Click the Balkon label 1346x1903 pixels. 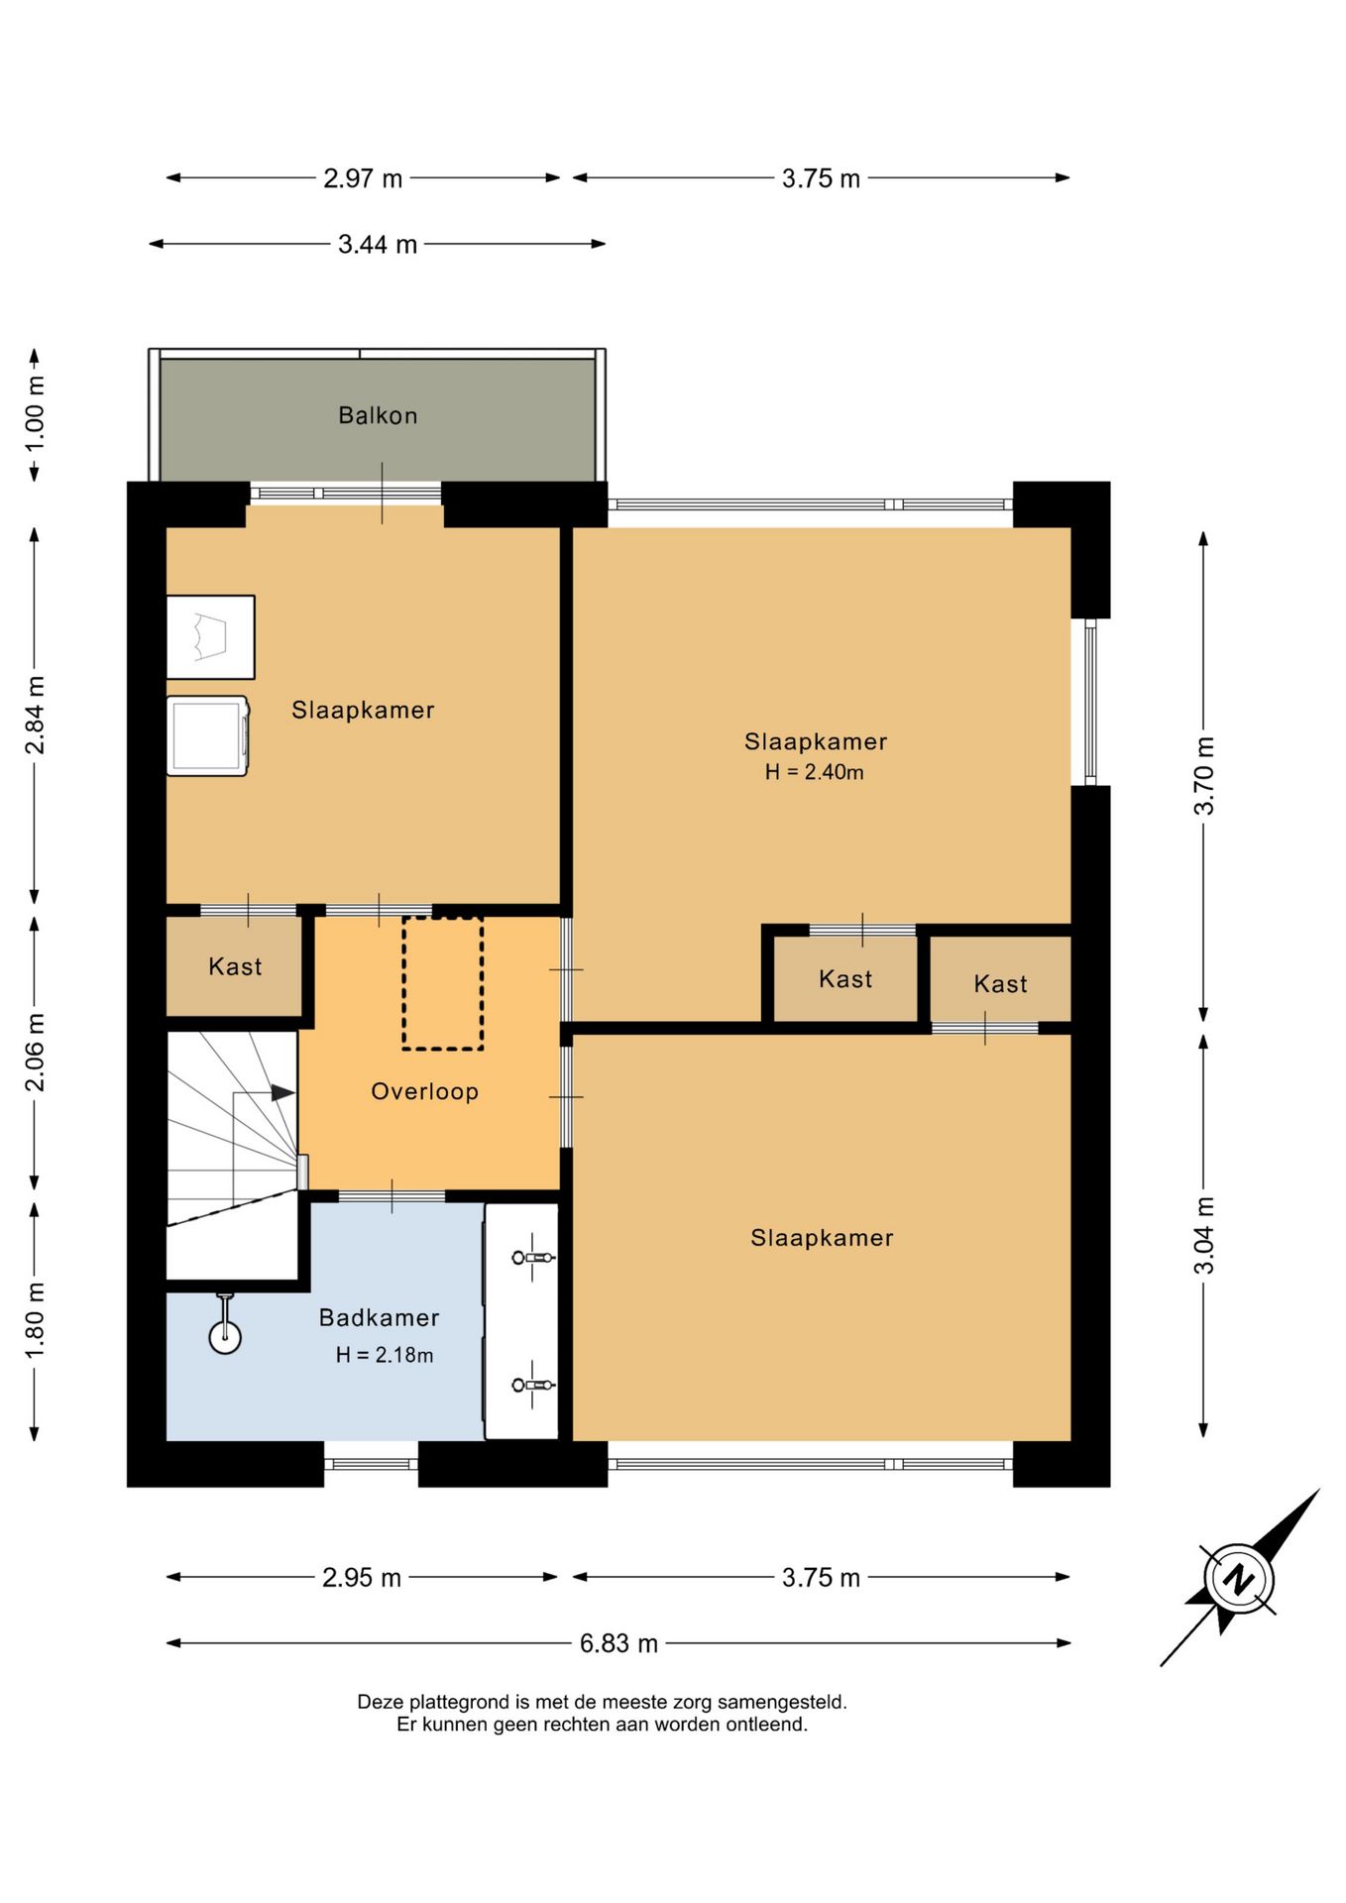pyautogui.click(x=378, y=415)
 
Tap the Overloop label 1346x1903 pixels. pyautogui.click(x=424, y=1091)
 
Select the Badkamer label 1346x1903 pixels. pyautogui.click(x=379, y=1317)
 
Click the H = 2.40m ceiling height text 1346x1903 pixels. pyautogui.click(x=814, y=772)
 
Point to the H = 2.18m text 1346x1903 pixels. pyautogui.click(x=385, y=1355)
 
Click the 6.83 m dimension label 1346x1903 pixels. pyautogui.click(x=618, y=1643)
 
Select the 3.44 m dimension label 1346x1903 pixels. pyautogui.click(x=378, y=244)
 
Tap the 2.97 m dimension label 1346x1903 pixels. pyautogui.click(x=363, y=178)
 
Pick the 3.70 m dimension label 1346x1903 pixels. pyautogui.click(x=1203, y=776)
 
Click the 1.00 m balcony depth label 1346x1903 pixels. pyautogui.click(x=35, y=413)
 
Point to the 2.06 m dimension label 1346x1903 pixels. pyautogui.click(x=35, y=1053)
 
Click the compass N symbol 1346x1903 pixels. pyautogui.click(x=1239, y=1578)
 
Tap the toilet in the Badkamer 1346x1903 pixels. pyautogui.click(x=225, y=1324)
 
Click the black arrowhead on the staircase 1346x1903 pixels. pyautogui.click(x=283, y=1092)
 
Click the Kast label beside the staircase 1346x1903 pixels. pyautogui.click(x=235, y=966)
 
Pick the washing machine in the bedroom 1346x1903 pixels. pyautogui.click(x=208, y=735)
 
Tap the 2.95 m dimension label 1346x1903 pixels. pyautogui.click(x=362, y=1577)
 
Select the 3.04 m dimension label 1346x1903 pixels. pyautogui.click(x=1203, y=1235)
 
